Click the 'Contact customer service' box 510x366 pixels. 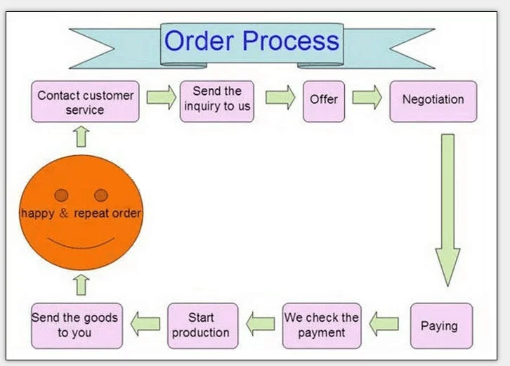(85, 101)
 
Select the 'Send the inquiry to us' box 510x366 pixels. (217, 101)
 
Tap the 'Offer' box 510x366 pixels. (324, 101)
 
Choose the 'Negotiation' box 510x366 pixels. (433, 101)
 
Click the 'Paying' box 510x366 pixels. (441, 326)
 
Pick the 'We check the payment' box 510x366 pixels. (322, 326)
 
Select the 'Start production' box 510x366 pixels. (202, 326)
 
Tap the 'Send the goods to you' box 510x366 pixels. (77, 326)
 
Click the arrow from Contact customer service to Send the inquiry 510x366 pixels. (162, 97)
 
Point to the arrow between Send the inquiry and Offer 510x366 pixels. (280, 97)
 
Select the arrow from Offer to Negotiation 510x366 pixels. (367, 97)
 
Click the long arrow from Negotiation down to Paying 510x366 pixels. (448, 210)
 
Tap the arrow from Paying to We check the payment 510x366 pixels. (384, 324)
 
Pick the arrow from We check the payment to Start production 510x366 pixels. (261, 324)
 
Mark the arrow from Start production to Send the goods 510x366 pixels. (145, 324)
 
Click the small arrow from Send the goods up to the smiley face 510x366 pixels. (81, 285)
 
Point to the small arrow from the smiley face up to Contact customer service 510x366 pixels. (81, 137)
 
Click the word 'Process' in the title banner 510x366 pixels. (291, 41)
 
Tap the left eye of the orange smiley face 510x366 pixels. (62, 195)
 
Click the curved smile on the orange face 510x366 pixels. (81, 246)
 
